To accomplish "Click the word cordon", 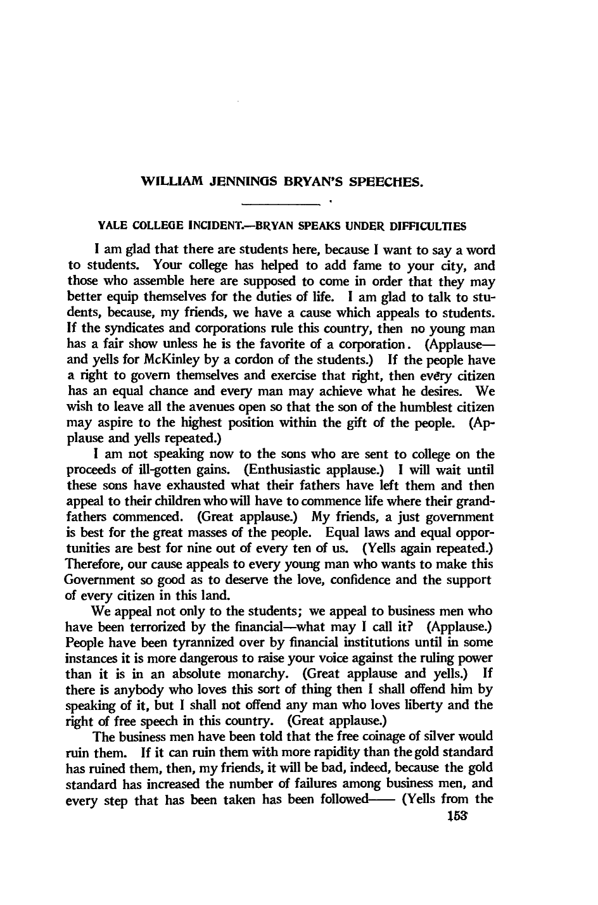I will pyautogui.click(x=230, y=360).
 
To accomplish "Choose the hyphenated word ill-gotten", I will pyautogui.click(x=142, y=471).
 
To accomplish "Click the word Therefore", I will pyautogui.click(x=91, y=564).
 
